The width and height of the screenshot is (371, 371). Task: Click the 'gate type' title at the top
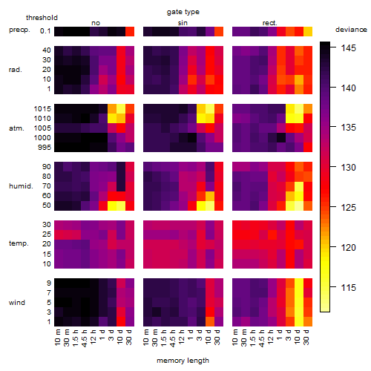tap(183, 12)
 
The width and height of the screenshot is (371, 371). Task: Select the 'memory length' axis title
tap(183, 361)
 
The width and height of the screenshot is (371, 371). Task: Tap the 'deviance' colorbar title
tap(351, 30)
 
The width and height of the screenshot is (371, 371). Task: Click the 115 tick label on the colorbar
tap(348, 287)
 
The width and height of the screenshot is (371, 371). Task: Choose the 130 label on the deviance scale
tap(348, 168)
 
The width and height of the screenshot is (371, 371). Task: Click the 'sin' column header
tap(183, 23)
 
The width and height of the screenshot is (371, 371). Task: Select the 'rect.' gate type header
tap(270, 23)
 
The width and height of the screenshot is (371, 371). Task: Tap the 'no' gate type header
tap(96, 23)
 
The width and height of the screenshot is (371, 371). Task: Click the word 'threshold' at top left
tap(42, 18)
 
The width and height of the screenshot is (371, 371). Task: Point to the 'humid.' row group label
tap(21, 186)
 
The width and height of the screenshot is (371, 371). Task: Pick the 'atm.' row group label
tap(16, 128)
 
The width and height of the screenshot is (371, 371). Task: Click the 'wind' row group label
tap(17, 303)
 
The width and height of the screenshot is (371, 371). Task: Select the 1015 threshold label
tap(42, 109)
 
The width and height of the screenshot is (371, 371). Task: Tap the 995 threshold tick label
tap(45, 148)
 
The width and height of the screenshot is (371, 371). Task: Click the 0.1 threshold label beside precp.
tap(45, 31)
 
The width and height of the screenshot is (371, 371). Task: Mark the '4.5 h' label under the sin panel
tap(173, 338)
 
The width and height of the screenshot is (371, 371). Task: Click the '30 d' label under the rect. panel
tap(306, 337)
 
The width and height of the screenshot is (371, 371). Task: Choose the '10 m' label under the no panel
tap(57, 338)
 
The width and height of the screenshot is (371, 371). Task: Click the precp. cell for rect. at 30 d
tap(308, 31)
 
